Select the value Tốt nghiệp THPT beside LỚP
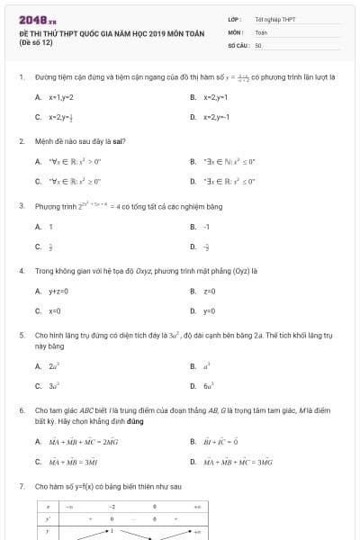point(274,18)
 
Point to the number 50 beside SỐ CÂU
point(258,44)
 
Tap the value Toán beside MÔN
point(261,31)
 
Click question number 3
point(21,205)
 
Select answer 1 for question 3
point(51,226)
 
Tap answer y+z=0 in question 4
point(58,291)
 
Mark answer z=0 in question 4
point(209,291)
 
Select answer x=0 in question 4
point(54,311)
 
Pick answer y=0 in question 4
point(209,311)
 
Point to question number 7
point(21,486)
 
